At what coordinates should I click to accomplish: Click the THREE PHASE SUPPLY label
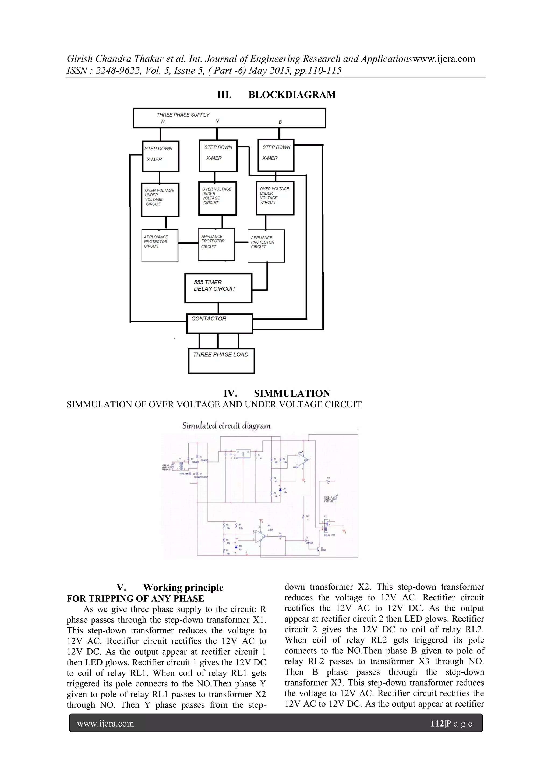click(x=183, y=115)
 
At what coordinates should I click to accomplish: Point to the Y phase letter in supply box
click(x=217, y=121)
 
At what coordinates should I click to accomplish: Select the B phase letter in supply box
click(x=280, y=122)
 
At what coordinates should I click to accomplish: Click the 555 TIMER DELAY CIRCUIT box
click(x=218, y=288)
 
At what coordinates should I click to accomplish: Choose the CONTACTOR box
click(x=220, y=323)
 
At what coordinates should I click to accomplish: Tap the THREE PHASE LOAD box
click(x=221, y=361)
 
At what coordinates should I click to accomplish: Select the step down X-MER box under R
click(x=160, y=156)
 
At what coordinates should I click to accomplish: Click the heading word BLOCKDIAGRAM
click(x=292, y=95)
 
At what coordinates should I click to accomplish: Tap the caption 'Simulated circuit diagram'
click(x=226, y=426)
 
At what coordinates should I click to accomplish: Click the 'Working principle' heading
click(x=183, y=587)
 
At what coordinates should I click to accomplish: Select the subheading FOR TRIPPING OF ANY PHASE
click(x=135, y=598)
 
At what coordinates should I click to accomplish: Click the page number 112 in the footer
click(x=437, y=724)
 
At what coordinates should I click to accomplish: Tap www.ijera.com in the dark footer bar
click(x=105, y=724)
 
